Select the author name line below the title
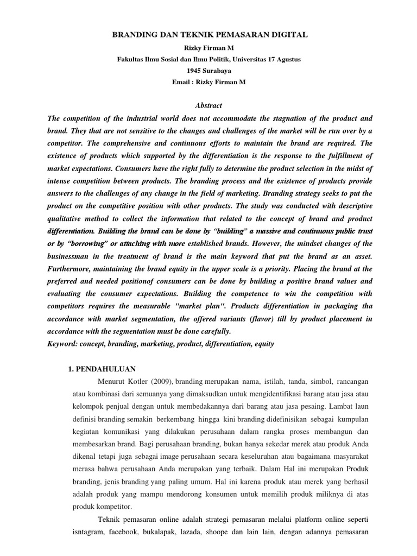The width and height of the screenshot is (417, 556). pyautogui.click(x=209, y=47)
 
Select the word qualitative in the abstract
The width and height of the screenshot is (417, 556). pyautogui.click(x=68, y=218)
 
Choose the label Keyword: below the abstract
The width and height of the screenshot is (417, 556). pyautogui.click(x=65, y=344)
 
